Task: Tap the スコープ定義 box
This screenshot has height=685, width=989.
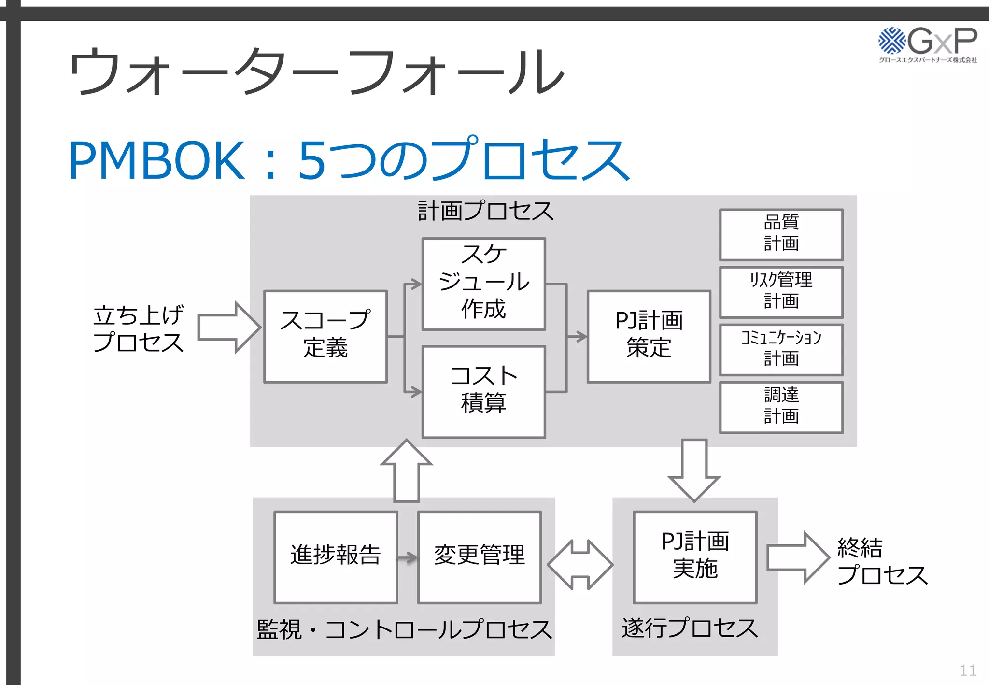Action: (x=325, y=336)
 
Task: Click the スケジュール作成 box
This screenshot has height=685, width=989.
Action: (x=483, y=284)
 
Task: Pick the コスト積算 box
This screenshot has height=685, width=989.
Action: (x=483, y=391)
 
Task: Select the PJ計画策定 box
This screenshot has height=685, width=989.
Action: (x=649, y=336)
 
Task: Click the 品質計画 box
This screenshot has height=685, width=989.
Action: (x=781, y=234)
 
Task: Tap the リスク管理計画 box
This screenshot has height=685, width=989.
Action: (x=781, y=292)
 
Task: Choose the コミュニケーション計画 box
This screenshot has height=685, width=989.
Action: (x=781, y=349)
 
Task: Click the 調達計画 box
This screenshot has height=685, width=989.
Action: (x=781, y=407)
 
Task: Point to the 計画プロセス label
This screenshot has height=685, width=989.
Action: (x=485, y=212)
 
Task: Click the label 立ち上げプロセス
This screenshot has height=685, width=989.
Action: (x=139, y=328)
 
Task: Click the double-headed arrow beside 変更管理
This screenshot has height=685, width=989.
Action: (x=580, y=564)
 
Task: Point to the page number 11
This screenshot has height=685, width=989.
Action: (x=967, y=671)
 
